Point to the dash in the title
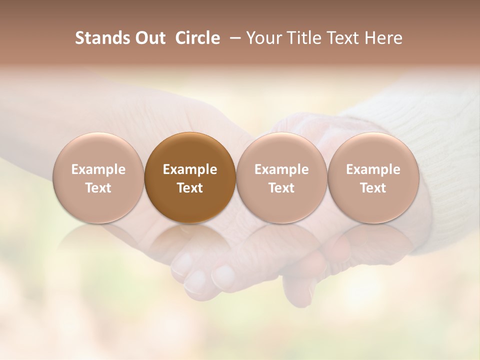[x=233, y=38]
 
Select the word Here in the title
[x=382, y=38]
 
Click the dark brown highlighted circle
[x=190, y=178]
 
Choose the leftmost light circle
[x=98, y=178]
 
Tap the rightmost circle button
[x=373, y=178]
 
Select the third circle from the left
[x=281, y=178]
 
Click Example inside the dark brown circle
[x=190, y=169]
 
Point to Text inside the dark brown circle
[x=190, y=188]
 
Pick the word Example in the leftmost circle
[x=98, y=169]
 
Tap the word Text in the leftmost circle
[x=98, y=188]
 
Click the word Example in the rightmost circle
[x=373, y=169]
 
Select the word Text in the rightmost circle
[x=373, y=188]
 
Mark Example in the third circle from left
[x=281, y=169]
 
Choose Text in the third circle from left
[x=281, y=188]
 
